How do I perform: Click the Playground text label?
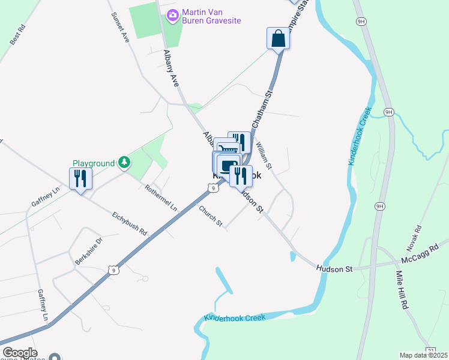(x=94, y=163)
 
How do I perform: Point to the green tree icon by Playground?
(x=124, y=162)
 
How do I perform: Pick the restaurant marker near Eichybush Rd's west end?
(x=80, y=178)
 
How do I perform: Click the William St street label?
(x=264, y=155)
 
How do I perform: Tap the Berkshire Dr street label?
(x=89, y=251)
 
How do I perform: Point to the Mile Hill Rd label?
(x=401, y=290)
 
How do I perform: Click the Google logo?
(x=19, y=353)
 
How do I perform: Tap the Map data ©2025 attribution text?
(x=424, y=355)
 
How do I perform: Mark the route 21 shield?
(x=430, y=351)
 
